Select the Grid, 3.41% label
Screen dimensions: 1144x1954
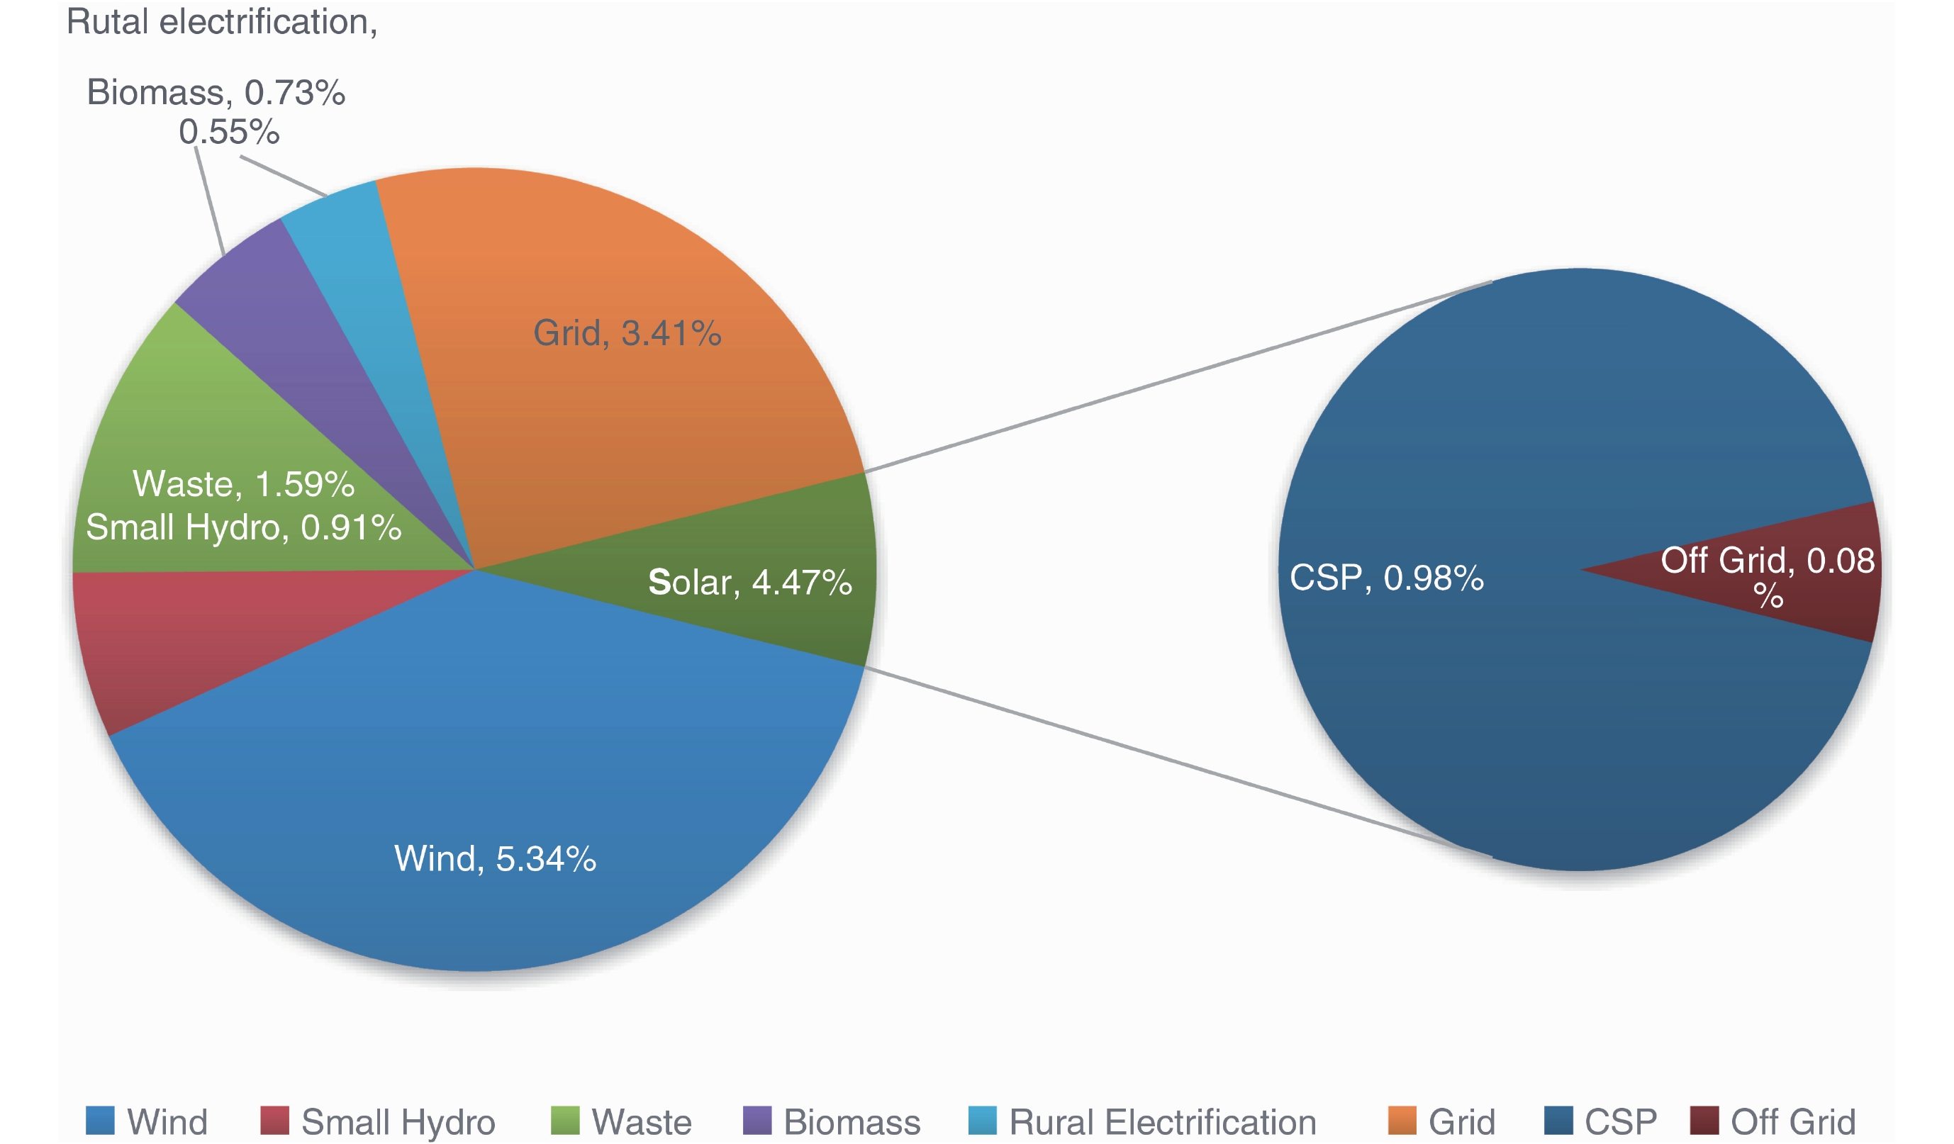[627, 333]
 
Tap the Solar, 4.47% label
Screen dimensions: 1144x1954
[749, 582]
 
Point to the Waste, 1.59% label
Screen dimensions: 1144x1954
[243, 483]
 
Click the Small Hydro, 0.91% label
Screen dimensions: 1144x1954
[243, 528]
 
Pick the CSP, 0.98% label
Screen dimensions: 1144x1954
[1385, 578]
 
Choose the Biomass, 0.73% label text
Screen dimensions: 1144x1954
[216, 92]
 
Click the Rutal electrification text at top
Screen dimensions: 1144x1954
[222, 22]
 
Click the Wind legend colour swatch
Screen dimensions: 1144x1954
[100, 1120]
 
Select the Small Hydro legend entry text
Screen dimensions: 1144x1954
[398, 1121]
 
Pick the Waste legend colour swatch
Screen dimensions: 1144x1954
[564, 1120]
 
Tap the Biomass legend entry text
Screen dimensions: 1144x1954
[852, 1121]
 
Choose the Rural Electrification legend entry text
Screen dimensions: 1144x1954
[1162, 1121]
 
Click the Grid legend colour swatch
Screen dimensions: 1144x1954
[1401, 1120]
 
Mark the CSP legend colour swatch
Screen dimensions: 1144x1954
[1558, 1120]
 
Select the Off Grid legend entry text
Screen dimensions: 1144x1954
[1793, 1121]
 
